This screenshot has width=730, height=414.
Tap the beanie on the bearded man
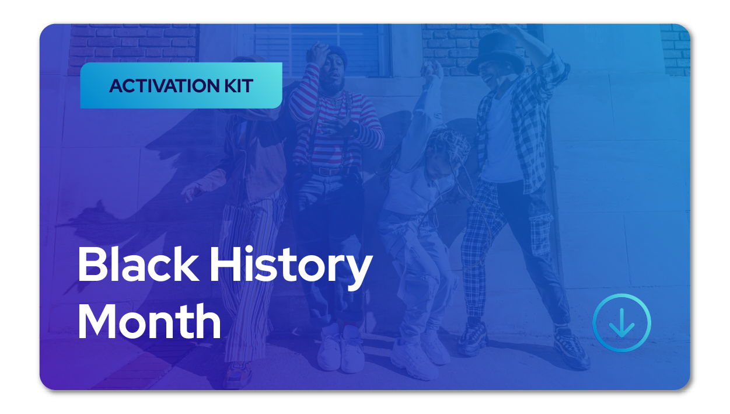(337, 54)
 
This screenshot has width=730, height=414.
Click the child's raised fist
(432, 74)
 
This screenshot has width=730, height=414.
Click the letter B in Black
(92, 266)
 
